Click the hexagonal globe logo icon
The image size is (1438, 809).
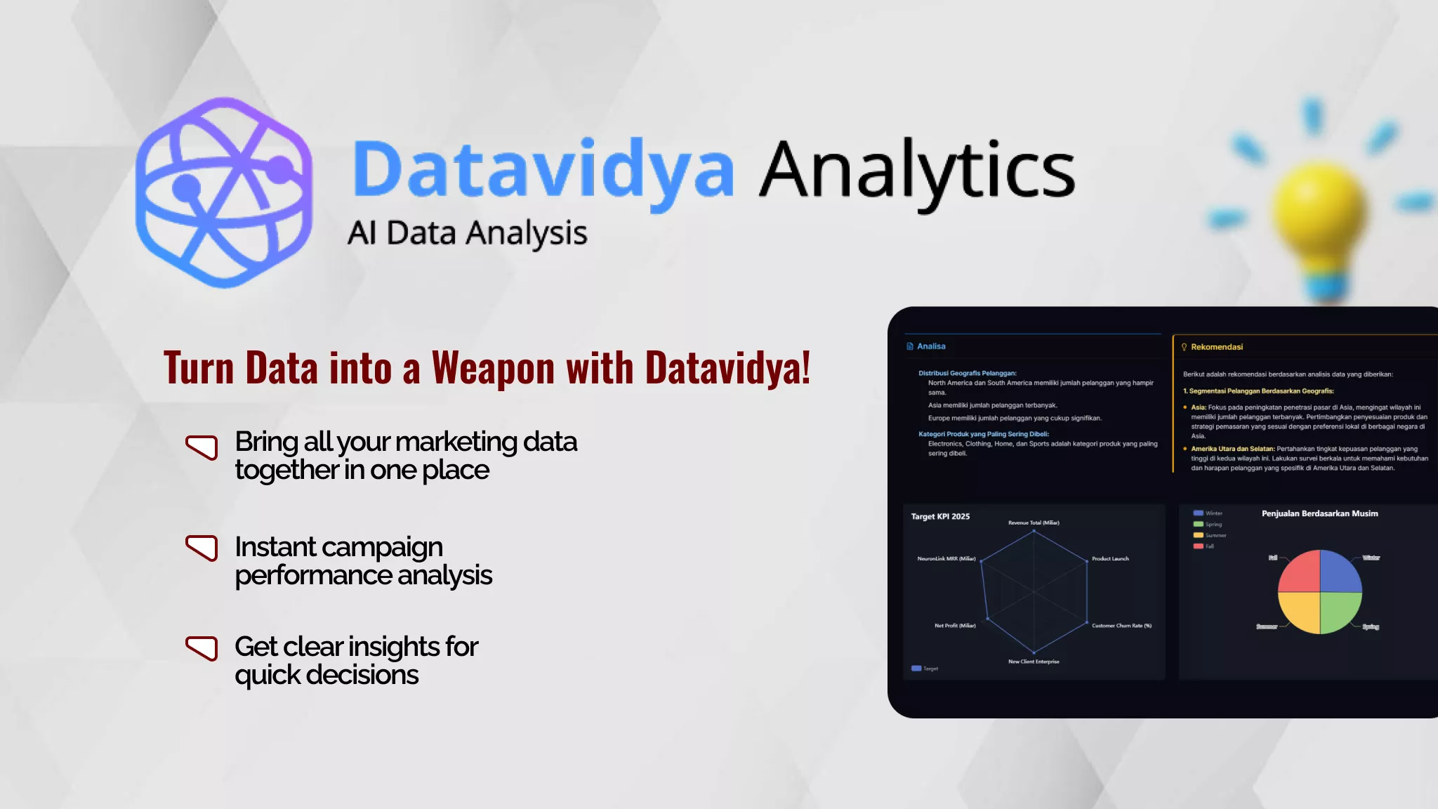tap(223, 192)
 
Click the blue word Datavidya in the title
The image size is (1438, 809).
tap(543, 171)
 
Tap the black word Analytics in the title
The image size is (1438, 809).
tap(917, 171)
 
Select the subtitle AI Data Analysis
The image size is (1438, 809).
tap(467, 233)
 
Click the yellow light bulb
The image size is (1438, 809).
tap(1320, 211)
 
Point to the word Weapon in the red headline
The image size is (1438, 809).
tap(493, 368)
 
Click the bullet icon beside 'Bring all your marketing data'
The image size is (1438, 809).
tap(202, 447)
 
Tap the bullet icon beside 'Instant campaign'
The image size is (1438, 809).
tap(202, 548)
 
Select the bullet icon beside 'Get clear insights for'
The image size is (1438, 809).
tap(202, 647)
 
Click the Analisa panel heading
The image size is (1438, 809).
tap(931, 346)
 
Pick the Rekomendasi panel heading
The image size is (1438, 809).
tap(1216, 347)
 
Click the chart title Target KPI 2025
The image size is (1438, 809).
tap(940, 517)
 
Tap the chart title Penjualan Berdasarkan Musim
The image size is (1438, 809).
tap(1319, 514)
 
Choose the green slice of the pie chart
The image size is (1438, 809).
tap(1339, 611)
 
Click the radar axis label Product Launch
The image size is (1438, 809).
tap(1110, 559)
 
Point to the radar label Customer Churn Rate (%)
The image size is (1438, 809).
tap(1121, 626)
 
